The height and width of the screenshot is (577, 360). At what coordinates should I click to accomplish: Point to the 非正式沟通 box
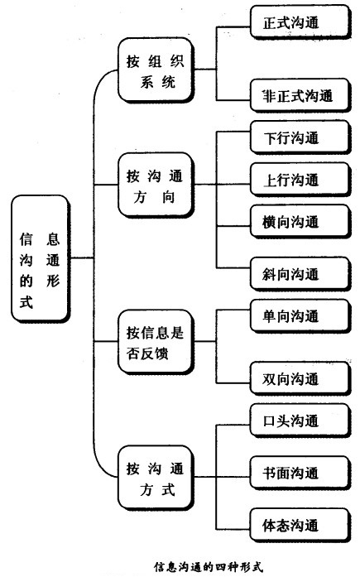[x=291, y=95]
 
